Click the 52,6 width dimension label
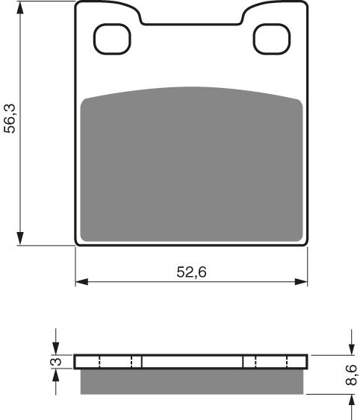coord(191,273)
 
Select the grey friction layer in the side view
coord(192,381)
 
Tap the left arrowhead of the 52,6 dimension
coord(81,282)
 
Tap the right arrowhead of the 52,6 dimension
coord(302,282)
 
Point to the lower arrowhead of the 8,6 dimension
coord(351,399)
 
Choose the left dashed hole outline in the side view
coord(115,362)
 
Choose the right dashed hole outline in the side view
coord(267,362)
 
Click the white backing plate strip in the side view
coord(192,362)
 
